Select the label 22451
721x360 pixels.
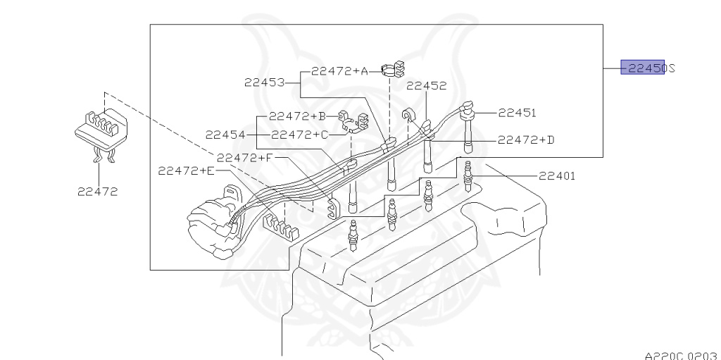tap(517, 112)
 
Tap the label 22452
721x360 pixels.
tap(426, 86)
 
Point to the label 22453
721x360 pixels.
tap(264, 82)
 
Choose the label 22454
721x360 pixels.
tap(225, 134)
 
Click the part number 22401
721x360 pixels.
tap(557, 176)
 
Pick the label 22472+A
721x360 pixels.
tap(339, 70)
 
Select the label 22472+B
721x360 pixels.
tap(297, 116)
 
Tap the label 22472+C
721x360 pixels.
tap(299, 134)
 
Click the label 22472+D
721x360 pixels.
tap(526, 139)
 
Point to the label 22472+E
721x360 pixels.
tap(185, 170)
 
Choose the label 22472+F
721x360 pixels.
tap(244, 158)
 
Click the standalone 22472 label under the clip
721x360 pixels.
tap(98, 190)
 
